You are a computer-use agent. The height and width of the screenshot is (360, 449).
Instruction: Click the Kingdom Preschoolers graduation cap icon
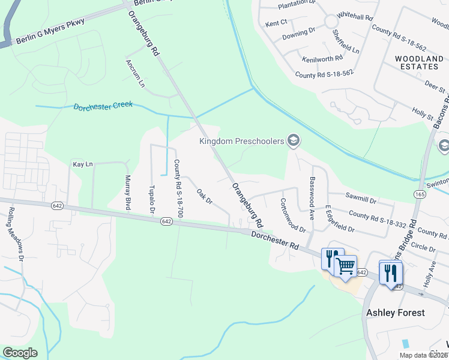(x=294, y=142)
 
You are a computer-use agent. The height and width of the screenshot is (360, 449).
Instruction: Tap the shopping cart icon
(x=345, y=265)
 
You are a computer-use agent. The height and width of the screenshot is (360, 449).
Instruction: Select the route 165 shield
(x=419, y=194)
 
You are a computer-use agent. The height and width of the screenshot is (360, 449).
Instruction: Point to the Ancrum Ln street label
(x=135, y=73)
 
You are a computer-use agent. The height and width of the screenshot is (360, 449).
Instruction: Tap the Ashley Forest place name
(x=396, y=313)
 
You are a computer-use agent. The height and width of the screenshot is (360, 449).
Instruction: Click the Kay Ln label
(x=83, y=164)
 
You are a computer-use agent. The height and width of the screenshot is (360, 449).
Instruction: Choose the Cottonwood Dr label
(x=293, y=216)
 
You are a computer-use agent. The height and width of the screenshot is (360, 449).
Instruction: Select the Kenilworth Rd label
(x=322, y=59)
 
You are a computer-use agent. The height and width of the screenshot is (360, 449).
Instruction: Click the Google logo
(x=20, y=352)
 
